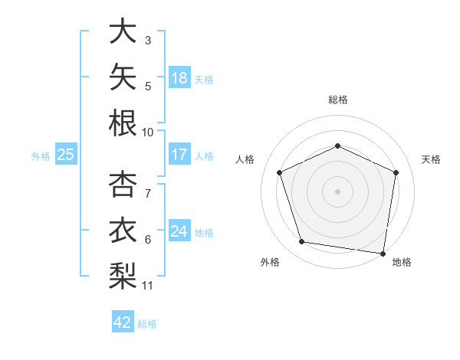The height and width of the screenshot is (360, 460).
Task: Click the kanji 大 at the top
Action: [123, 31]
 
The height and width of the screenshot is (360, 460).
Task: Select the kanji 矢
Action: [123, 77]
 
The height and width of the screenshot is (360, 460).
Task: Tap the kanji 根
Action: [123, 123]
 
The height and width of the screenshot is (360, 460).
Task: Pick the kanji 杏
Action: [123, 184]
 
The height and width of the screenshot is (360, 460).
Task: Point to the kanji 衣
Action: [123, 230]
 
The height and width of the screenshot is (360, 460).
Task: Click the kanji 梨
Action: [123, 276]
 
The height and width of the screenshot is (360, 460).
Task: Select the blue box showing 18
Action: [179, 77]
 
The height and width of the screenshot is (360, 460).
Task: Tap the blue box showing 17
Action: [179, 154]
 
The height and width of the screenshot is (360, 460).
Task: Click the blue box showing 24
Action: [179, 230]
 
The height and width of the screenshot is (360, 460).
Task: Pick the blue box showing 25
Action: [66, 154]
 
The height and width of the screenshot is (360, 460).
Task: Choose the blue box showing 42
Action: [123, 321]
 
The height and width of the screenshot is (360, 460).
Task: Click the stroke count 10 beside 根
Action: [147, 133]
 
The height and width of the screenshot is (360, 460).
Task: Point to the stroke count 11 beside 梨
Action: [147, 286]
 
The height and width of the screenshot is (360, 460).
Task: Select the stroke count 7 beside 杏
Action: [148, 194]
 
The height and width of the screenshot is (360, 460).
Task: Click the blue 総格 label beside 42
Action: [147, 324]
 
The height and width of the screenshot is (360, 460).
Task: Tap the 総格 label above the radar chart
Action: [338, 100]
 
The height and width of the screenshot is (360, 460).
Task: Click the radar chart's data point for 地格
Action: [383, 254]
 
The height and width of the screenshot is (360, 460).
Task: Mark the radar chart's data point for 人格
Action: [279, 172]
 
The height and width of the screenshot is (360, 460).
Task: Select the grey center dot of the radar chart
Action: [337, 191]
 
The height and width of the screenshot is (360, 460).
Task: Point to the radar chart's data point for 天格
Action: [396, 172]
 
